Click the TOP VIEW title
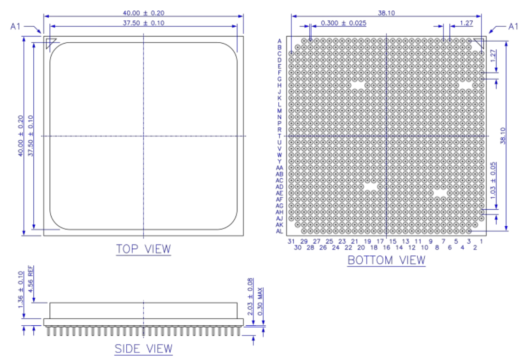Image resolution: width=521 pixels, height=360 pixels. [x=143, y=249]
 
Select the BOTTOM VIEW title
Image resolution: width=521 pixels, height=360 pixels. [x=386, y=260]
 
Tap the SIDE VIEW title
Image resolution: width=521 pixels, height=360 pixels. [x=144, y=349]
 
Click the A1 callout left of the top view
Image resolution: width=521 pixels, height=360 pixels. [x=16, y=27]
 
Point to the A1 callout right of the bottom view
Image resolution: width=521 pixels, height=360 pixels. [x=512, y=27]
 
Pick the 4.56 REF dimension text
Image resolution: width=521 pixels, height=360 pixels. [x=31, y=279]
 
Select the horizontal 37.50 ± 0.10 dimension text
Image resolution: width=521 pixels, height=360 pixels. [x=144, y=23]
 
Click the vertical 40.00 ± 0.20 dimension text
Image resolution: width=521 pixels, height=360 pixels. [x=21, y=136]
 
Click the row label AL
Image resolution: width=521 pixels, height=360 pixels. [x=279, y=231]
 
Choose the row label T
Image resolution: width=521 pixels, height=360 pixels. [x=280, y=136]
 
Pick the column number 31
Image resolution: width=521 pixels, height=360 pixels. [x=291, y=241]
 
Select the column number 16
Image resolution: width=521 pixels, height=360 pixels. [x=386, y=247]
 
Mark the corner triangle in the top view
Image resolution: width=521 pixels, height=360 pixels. [x=50, y=44]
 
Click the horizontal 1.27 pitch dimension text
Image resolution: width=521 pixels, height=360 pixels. [x=466, y=23]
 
